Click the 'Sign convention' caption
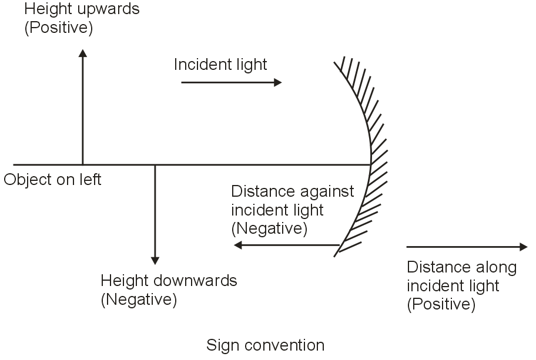(265, 345)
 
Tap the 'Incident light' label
(220, 64)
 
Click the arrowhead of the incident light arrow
(278, 83)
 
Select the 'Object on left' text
(52, 179)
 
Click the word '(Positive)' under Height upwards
(58, 28)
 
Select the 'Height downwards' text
(169, 281)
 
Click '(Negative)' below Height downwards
(139, 300)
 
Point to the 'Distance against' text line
(293, 192)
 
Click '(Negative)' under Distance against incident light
(269, 228)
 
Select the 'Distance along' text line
(461, 268)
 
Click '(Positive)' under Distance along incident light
(441, 304)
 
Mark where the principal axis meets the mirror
(371, 164)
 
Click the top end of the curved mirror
(334, 61)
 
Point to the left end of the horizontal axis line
(14, 164)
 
